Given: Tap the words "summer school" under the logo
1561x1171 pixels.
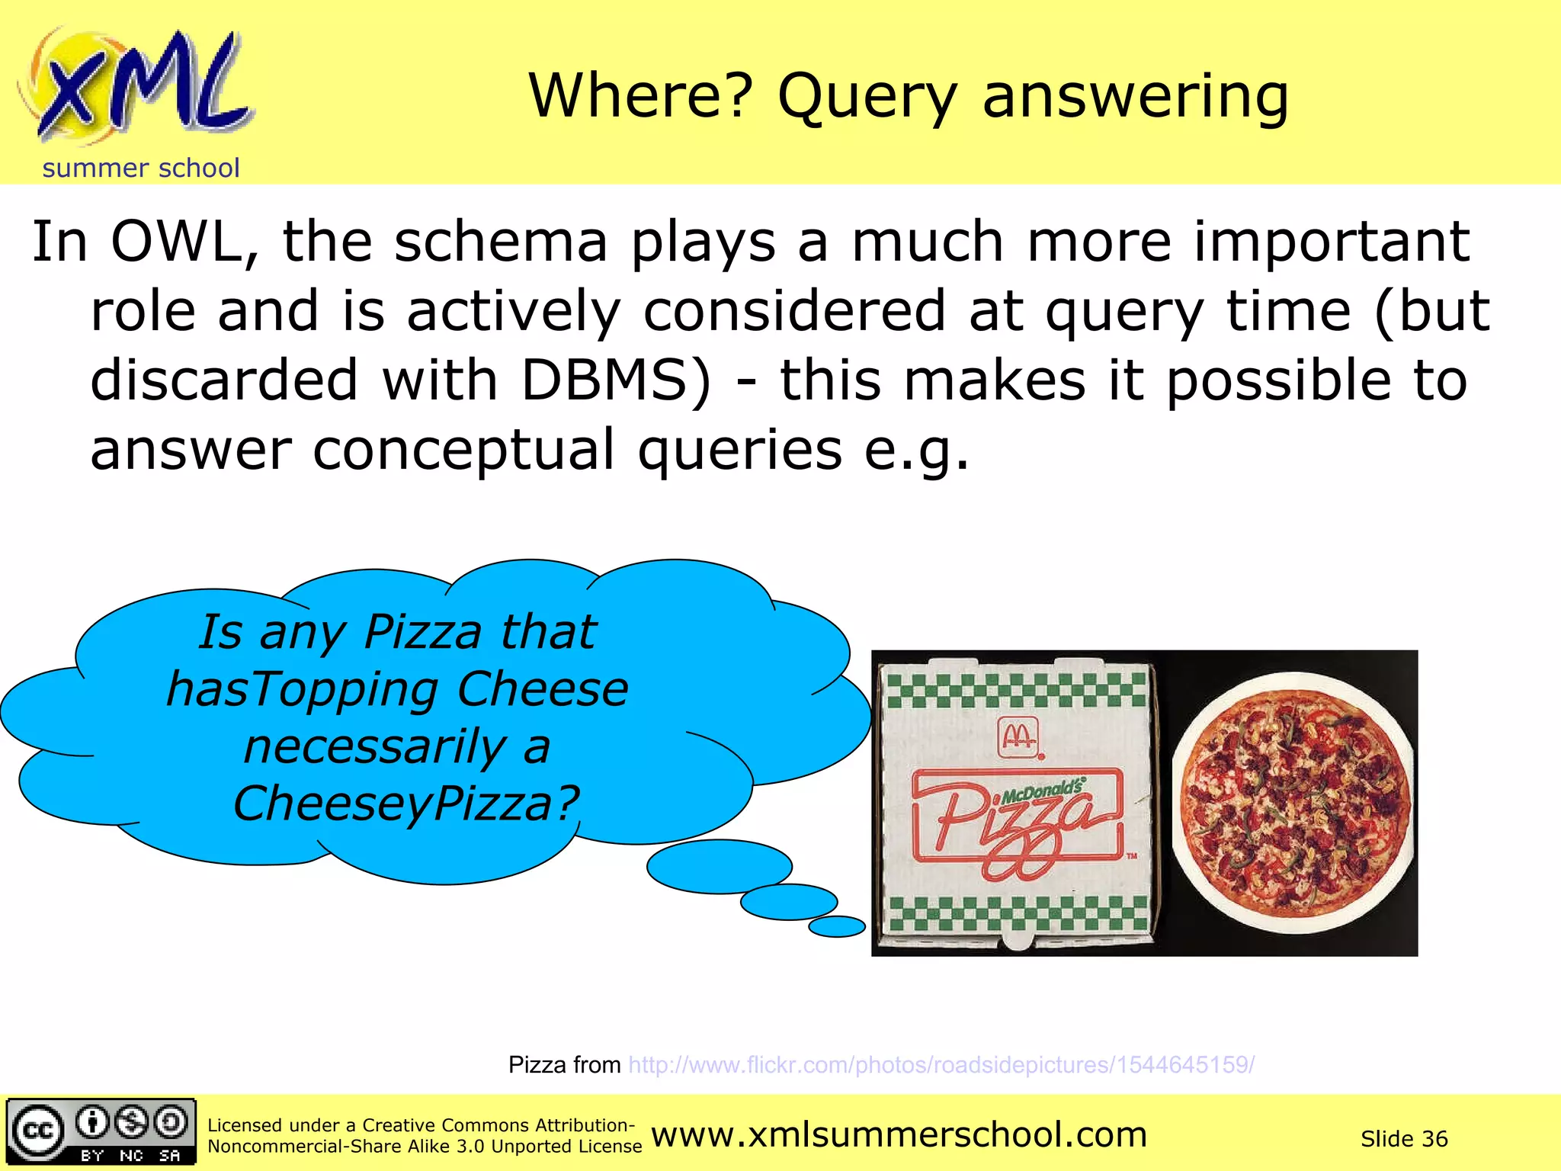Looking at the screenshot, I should (x=141, y=168).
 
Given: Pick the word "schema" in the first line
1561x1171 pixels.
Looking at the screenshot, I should (x=501, y=242).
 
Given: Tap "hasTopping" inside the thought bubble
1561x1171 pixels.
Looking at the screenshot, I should (x=302, y=689).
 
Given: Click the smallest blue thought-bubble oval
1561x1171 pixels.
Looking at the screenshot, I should (x=836, y=926).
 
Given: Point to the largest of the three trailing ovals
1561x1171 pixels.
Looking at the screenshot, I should (x=719, y=866).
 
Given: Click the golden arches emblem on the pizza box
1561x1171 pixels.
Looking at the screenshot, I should (x=1018, y=736).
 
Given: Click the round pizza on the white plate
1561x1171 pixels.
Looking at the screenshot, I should (x=1292, y=803).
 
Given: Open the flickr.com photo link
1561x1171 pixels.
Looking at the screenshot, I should (x=941, y=1065).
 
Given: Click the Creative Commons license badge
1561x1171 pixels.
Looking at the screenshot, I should (x=101, y=1131).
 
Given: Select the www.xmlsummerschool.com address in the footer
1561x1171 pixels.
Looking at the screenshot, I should (x=899, y=1135).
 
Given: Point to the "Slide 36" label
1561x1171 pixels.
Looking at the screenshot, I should (x=1403, y=1139).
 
